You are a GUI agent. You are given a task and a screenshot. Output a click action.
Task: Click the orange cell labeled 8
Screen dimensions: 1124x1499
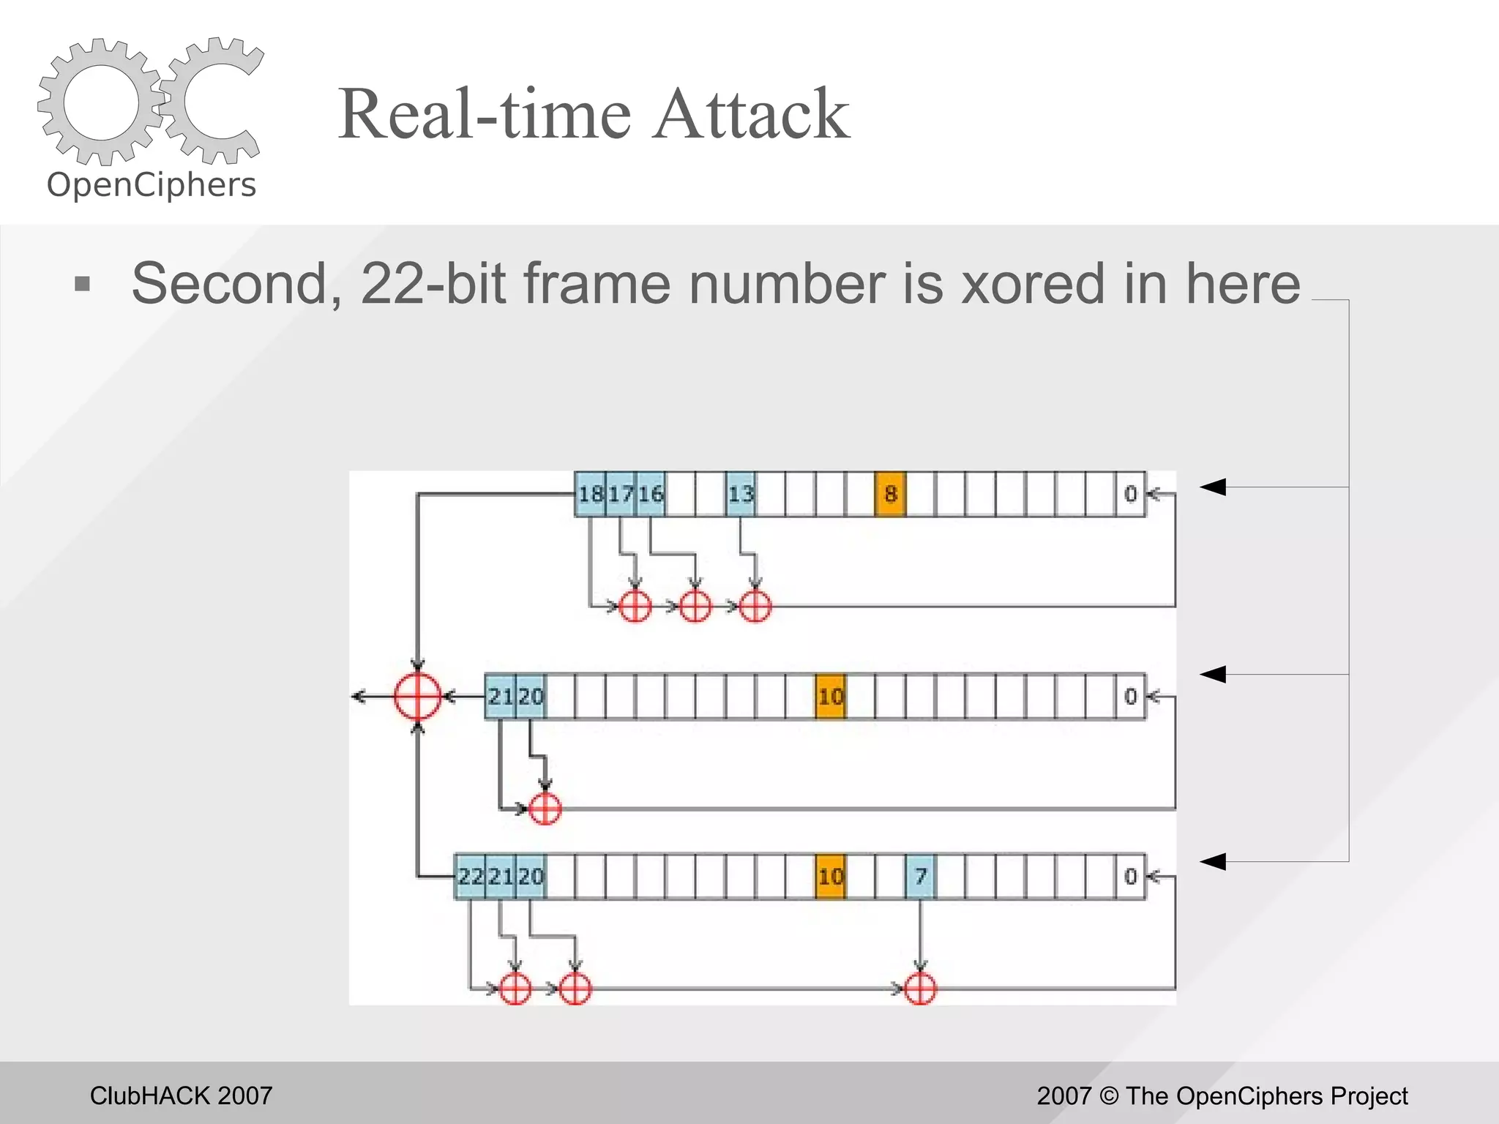coord(890,494)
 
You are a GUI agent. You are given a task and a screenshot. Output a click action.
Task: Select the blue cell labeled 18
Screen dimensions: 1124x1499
coord(590,494)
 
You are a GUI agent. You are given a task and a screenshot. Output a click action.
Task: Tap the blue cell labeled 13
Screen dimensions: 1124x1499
coord(741,494)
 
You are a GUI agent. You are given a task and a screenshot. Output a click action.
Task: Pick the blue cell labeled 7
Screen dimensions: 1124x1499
coord(920,876)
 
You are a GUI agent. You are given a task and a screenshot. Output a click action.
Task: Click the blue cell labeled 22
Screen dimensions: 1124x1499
coord(470,876)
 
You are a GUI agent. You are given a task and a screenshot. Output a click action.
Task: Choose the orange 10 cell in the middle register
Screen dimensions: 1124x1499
coord(831,696)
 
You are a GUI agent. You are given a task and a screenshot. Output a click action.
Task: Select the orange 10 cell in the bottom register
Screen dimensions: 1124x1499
coord(831,876)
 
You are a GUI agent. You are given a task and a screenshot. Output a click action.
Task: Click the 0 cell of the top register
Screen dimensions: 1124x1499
coord(1130,494)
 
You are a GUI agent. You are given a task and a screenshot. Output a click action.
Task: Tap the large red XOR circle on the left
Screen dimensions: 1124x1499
coord(417,696)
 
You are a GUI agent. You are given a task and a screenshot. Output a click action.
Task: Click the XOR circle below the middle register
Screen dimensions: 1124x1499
coord(545,809)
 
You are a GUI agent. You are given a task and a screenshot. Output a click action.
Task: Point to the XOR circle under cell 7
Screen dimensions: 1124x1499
coord(920,989)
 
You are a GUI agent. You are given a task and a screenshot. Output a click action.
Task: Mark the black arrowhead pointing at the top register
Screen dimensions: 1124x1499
coord(1213,487)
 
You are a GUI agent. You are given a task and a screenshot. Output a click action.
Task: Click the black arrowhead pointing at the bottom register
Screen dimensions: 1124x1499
coord(1213,861)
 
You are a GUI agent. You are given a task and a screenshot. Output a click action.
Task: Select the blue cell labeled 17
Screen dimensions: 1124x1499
coord(621,494)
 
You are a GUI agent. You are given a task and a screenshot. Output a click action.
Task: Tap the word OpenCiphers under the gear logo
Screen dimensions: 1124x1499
coord(152,185)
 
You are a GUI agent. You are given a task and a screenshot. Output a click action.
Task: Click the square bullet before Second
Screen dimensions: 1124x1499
coord(83,284)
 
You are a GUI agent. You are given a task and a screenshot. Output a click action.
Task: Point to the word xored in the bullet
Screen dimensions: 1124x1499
coord(1033,284)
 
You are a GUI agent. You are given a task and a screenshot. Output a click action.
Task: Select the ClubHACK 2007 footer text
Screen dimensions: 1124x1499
coord(181,1095)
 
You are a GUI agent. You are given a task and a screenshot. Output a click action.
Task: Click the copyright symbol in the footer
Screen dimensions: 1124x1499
coord(1109,1095)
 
